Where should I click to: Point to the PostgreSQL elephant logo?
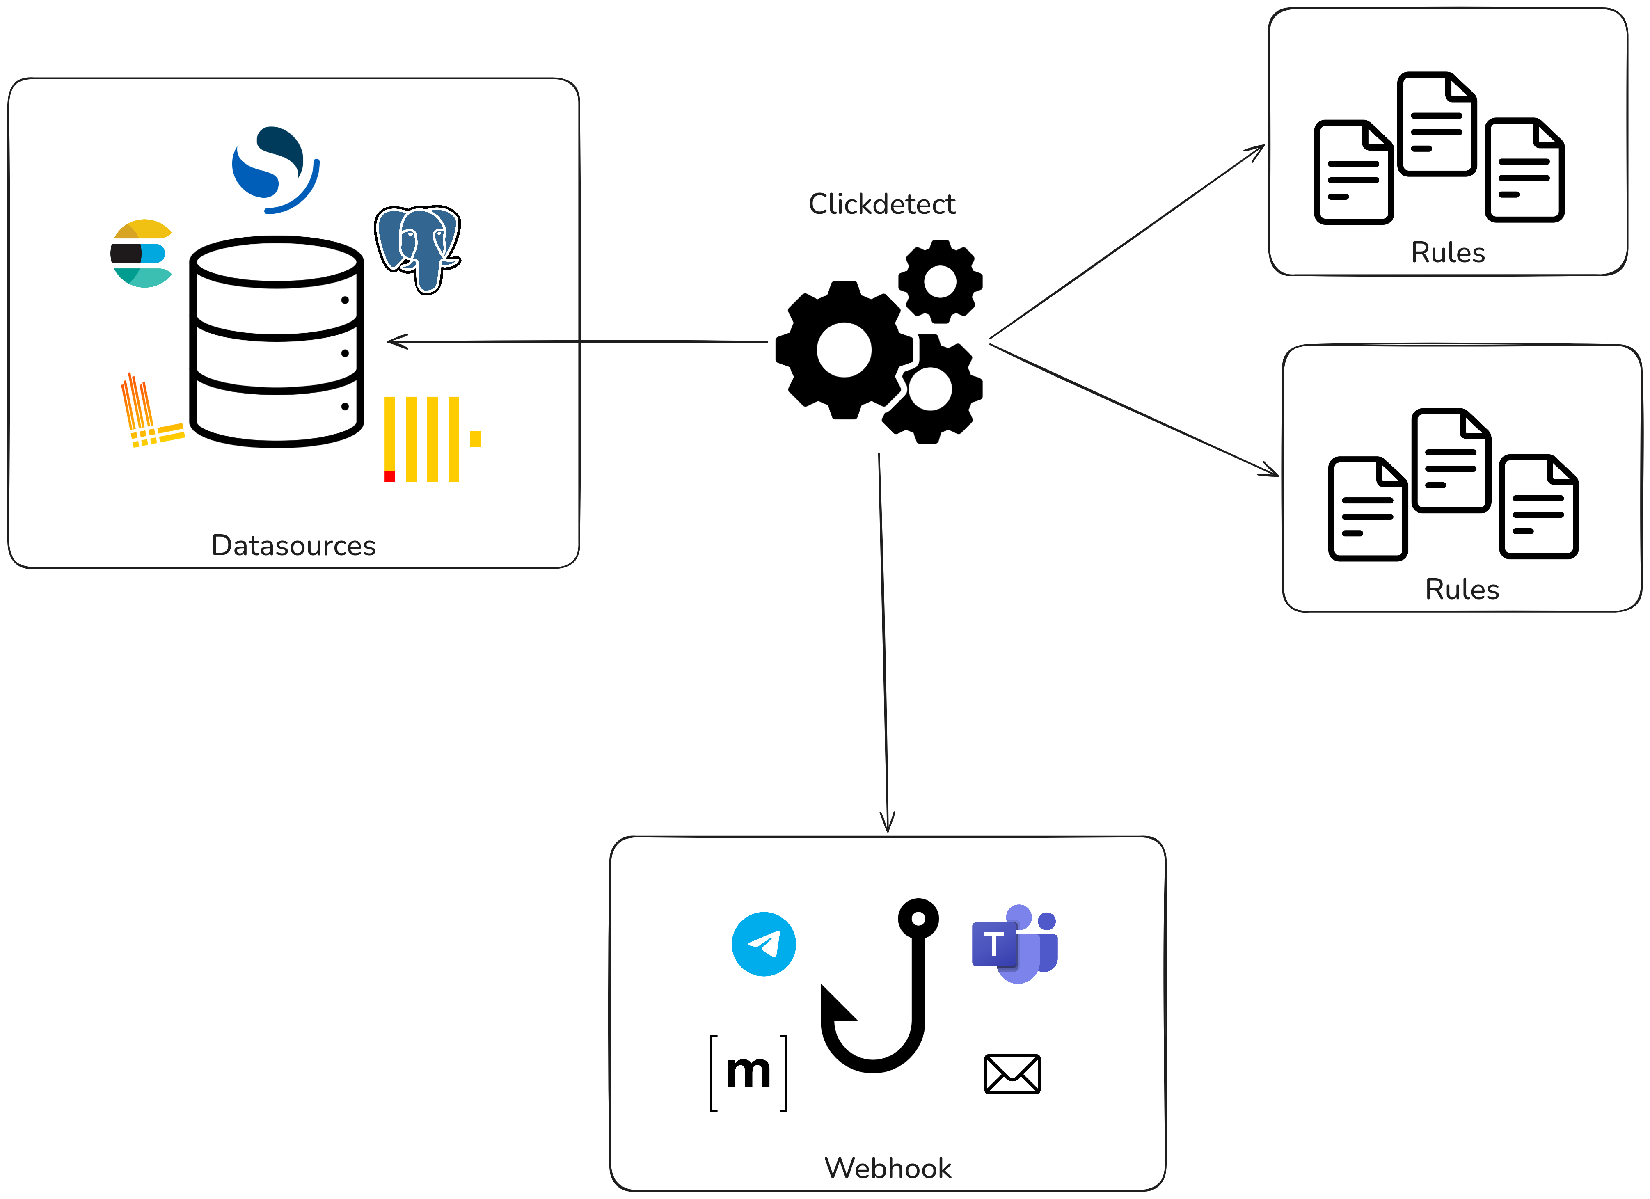point(418,247)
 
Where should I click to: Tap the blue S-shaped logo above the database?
point(275,169)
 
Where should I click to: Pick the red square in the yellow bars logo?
point(389,476)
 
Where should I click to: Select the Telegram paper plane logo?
point(763,944)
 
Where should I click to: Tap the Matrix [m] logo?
point(748,1072)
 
